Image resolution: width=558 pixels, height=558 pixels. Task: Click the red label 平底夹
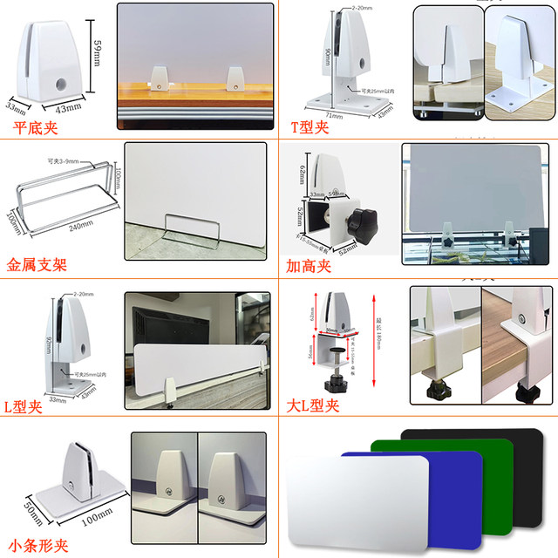point(38,127)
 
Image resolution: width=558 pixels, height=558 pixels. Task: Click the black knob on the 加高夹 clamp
point(362,224)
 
